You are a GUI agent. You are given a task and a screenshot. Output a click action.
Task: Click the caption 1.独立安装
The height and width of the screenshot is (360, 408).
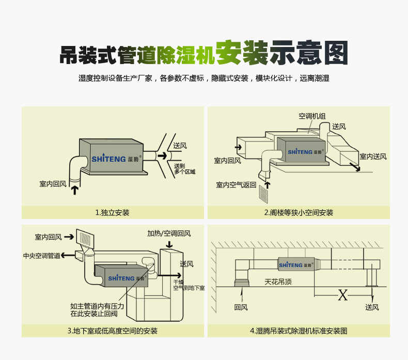[x=112, y=212]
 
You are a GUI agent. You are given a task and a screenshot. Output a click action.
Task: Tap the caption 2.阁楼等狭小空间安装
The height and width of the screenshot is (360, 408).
[x=298, y=212]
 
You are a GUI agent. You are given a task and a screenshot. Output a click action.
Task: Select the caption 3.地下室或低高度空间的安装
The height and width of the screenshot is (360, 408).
[x=112, y=331]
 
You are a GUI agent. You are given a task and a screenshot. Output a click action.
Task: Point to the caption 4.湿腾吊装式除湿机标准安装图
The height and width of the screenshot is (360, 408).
[x=298, y=331]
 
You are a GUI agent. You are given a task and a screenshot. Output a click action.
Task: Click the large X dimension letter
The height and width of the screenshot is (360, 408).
[x=342, y=295]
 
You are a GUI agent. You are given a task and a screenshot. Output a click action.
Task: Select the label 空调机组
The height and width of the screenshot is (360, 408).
[x=312, y=116]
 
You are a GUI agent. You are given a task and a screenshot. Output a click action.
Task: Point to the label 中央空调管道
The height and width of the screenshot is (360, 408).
[x=41, y=256]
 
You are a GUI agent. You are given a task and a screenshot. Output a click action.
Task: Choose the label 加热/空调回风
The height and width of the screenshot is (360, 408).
[x=168, y=233]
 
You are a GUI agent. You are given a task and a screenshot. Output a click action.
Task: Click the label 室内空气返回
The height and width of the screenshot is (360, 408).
[x=236, y=184]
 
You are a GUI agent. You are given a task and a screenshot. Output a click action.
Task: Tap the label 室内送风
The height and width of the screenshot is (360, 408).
[x=373, y=156]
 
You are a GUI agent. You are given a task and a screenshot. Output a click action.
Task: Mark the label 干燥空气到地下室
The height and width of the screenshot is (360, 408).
[x=189, y=285]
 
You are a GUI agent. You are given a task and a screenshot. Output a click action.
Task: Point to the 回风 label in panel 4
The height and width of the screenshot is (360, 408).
[x=241, y=307]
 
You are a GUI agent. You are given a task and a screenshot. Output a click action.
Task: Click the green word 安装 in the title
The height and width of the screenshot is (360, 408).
[x=241, y=54]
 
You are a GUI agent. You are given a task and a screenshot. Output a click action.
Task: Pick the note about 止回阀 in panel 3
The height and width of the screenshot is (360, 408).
[x=96, y=309]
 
